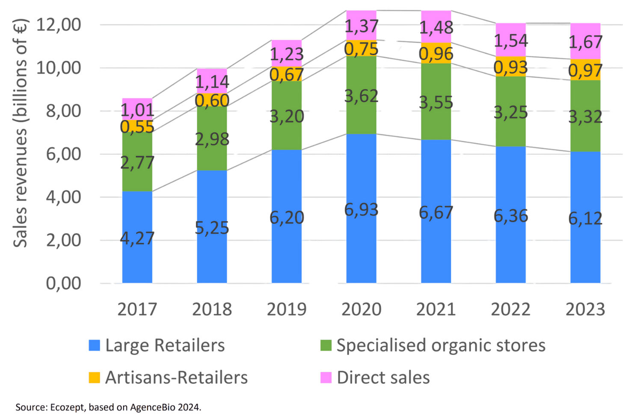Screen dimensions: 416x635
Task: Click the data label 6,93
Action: (361, 209)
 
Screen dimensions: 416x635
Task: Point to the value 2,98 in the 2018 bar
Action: (212, 139)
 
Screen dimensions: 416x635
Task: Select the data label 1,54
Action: (511, 41)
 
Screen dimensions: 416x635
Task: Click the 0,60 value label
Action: (212, 100)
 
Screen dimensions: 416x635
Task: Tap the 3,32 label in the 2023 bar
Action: (585, 116)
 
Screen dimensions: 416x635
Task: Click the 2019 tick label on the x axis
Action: (287, 309)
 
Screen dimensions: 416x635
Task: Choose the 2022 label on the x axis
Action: (510, 309)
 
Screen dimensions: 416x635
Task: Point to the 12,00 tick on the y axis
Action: (59, 25)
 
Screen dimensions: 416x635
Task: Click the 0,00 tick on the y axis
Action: (63, 283)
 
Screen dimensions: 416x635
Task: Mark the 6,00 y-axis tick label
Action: (63, 154)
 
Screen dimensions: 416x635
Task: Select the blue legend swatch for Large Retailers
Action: (94, 345)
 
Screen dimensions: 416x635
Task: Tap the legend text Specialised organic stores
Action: (440, 345)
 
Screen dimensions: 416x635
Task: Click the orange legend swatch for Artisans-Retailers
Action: (94, 378)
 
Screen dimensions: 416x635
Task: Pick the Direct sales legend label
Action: (383, 378)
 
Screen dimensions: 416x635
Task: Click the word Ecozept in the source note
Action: (68, 407)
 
